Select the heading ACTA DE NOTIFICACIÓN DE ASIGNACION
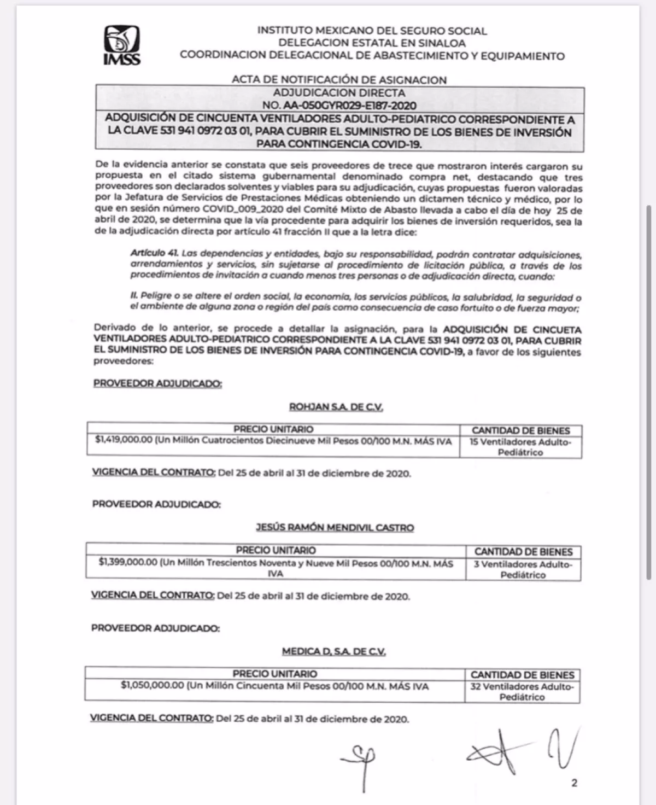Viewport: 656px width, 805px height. [339, 80]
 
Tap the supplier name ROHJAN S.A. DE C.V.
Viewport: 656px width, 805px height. [336, 407]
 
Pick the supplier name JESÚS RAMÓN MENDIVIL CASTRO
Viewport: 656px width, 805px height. [335, 528]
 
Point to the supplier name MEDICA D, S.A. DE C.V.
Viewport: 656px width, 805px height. [333, 651]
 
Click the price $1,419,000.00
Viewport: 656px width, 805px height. [123, 441]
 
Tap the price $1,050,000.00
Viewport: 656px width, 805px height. [152, 686]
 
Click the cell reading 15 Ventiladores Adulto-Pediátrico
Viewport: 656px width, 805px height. [520, 447]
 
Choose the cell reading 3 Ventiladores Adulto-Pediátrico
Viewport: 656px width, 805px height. [523, 569]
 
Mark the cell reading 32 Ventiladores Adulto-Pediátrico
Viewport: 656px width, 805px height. [522, 692]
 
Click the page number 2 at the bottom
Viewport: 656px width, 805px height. [574, 783]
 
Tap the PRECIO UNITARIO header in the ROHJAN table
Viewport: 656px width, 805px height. [273, 429]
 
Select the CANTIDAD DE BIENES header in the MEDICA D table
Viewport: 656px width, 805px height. [522, 675]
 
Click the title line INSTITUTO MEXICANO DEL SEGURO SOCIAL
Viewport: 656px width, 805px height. [372, 31]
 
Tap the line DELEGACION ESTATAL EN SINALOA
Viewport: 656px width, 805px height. [372, 43]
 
